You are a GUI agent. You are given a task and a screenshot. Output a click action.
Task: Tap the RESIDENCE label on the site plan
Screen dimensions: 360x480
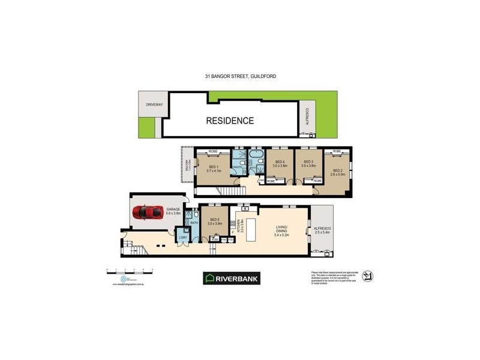point(230,121)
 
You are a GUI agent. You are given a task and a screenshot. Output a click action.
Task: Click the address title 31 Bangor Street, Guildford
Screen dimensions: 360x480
point(240,76)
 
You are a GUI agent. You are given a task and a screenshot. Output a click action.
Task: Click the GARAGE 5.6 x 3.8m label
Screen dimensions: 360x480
point(173,211)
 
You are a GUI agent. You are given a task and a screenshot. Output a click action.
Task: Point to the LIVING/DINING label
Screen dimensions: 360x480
point(282,230)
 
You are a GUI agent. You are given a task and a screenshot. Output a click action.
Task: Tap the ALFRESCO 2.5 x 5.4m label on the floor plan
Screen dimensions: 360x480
point(323,231)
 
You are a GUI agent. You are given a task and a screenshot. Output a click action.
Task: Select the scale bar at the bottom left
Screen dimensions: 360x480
point(130,269)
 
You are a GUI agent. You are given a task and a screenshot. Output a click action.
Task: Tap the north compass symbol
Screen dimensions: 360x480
point(368,277)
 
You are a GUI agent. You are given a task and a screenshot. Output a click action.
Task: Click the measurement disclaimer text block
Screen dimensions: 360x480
point(334,277)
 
